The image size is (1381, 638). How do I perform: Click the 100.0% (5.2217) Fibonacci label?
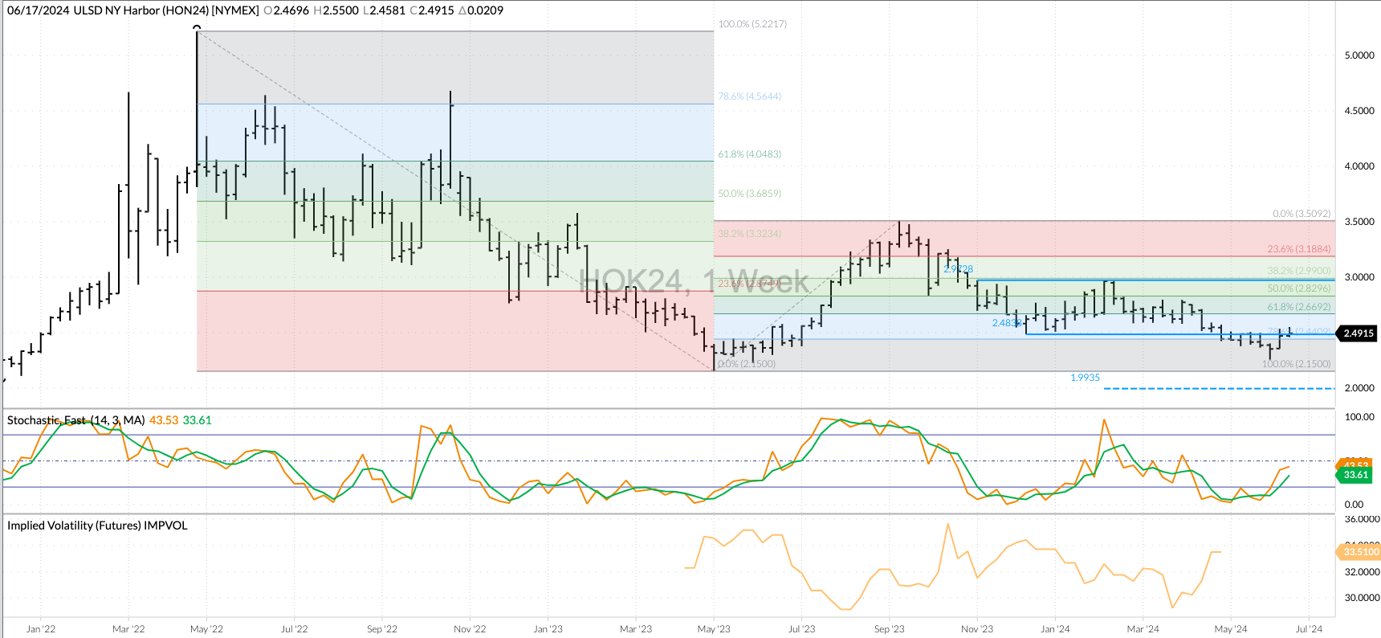coord(752,24)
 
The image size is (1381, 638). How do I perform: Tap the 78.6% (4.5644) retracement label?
coord(749,96)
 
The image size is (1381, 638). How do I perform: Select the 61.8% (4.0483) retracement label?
coord(749,154)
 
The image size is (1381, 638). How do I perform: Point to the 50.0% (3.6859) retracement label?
coord(749,194)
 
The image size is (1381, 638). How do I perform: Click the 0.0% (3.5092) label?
coord(1302,214)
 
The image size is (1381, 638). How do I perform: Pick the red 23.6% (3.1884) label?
coord(1298,249)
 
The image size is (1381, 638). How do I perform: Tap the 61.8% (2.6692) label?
coord(1298,307)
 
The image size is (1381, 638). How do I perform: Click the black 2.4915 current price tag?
coord(1358,333)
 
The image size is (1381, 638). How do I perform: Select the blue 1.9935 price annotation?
coord(1085,378)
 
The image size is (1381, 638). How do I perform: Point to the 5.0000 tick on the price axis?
coord(1359,55)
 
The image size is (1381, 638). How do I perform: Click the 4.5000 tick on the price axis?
coord(1359,111)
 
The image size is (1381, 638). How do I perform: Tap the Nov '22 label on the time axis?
coord(469,629)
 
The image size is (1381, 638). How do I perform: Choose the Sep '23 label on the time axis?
coord(889,629)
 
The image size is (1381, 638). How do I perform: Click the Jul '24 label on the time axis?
coord(1309,629)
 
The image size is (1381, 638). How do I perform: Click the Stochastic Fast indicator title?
coord(75,420)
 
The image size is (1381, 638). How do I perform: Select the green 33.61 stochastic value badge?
coord(1355,475)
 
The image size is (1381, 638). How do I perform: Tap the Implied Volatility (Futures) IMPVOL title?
coord(97,526)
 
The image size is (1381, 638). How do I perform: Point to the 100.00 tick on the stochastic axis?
coord(1359,417)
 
